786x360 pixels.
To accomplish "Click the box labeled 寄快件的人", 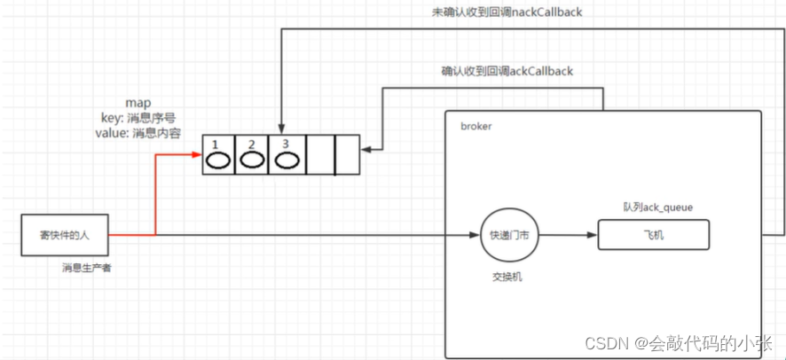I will click(64, 235).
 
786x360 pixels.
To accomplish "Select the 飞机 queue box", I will click(653, 235).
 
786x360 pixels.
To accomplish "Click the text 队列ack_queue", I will click(657, 207).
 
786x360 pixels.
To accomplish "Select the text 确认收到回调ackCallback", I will click(507, 69).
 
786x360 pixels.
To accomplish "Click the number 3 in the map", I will click(285, 144).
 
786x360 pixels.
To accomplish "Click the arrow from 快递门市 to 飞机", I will click(568, 235).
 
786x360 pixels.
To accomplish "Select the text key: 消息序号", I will click(132, 118).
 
